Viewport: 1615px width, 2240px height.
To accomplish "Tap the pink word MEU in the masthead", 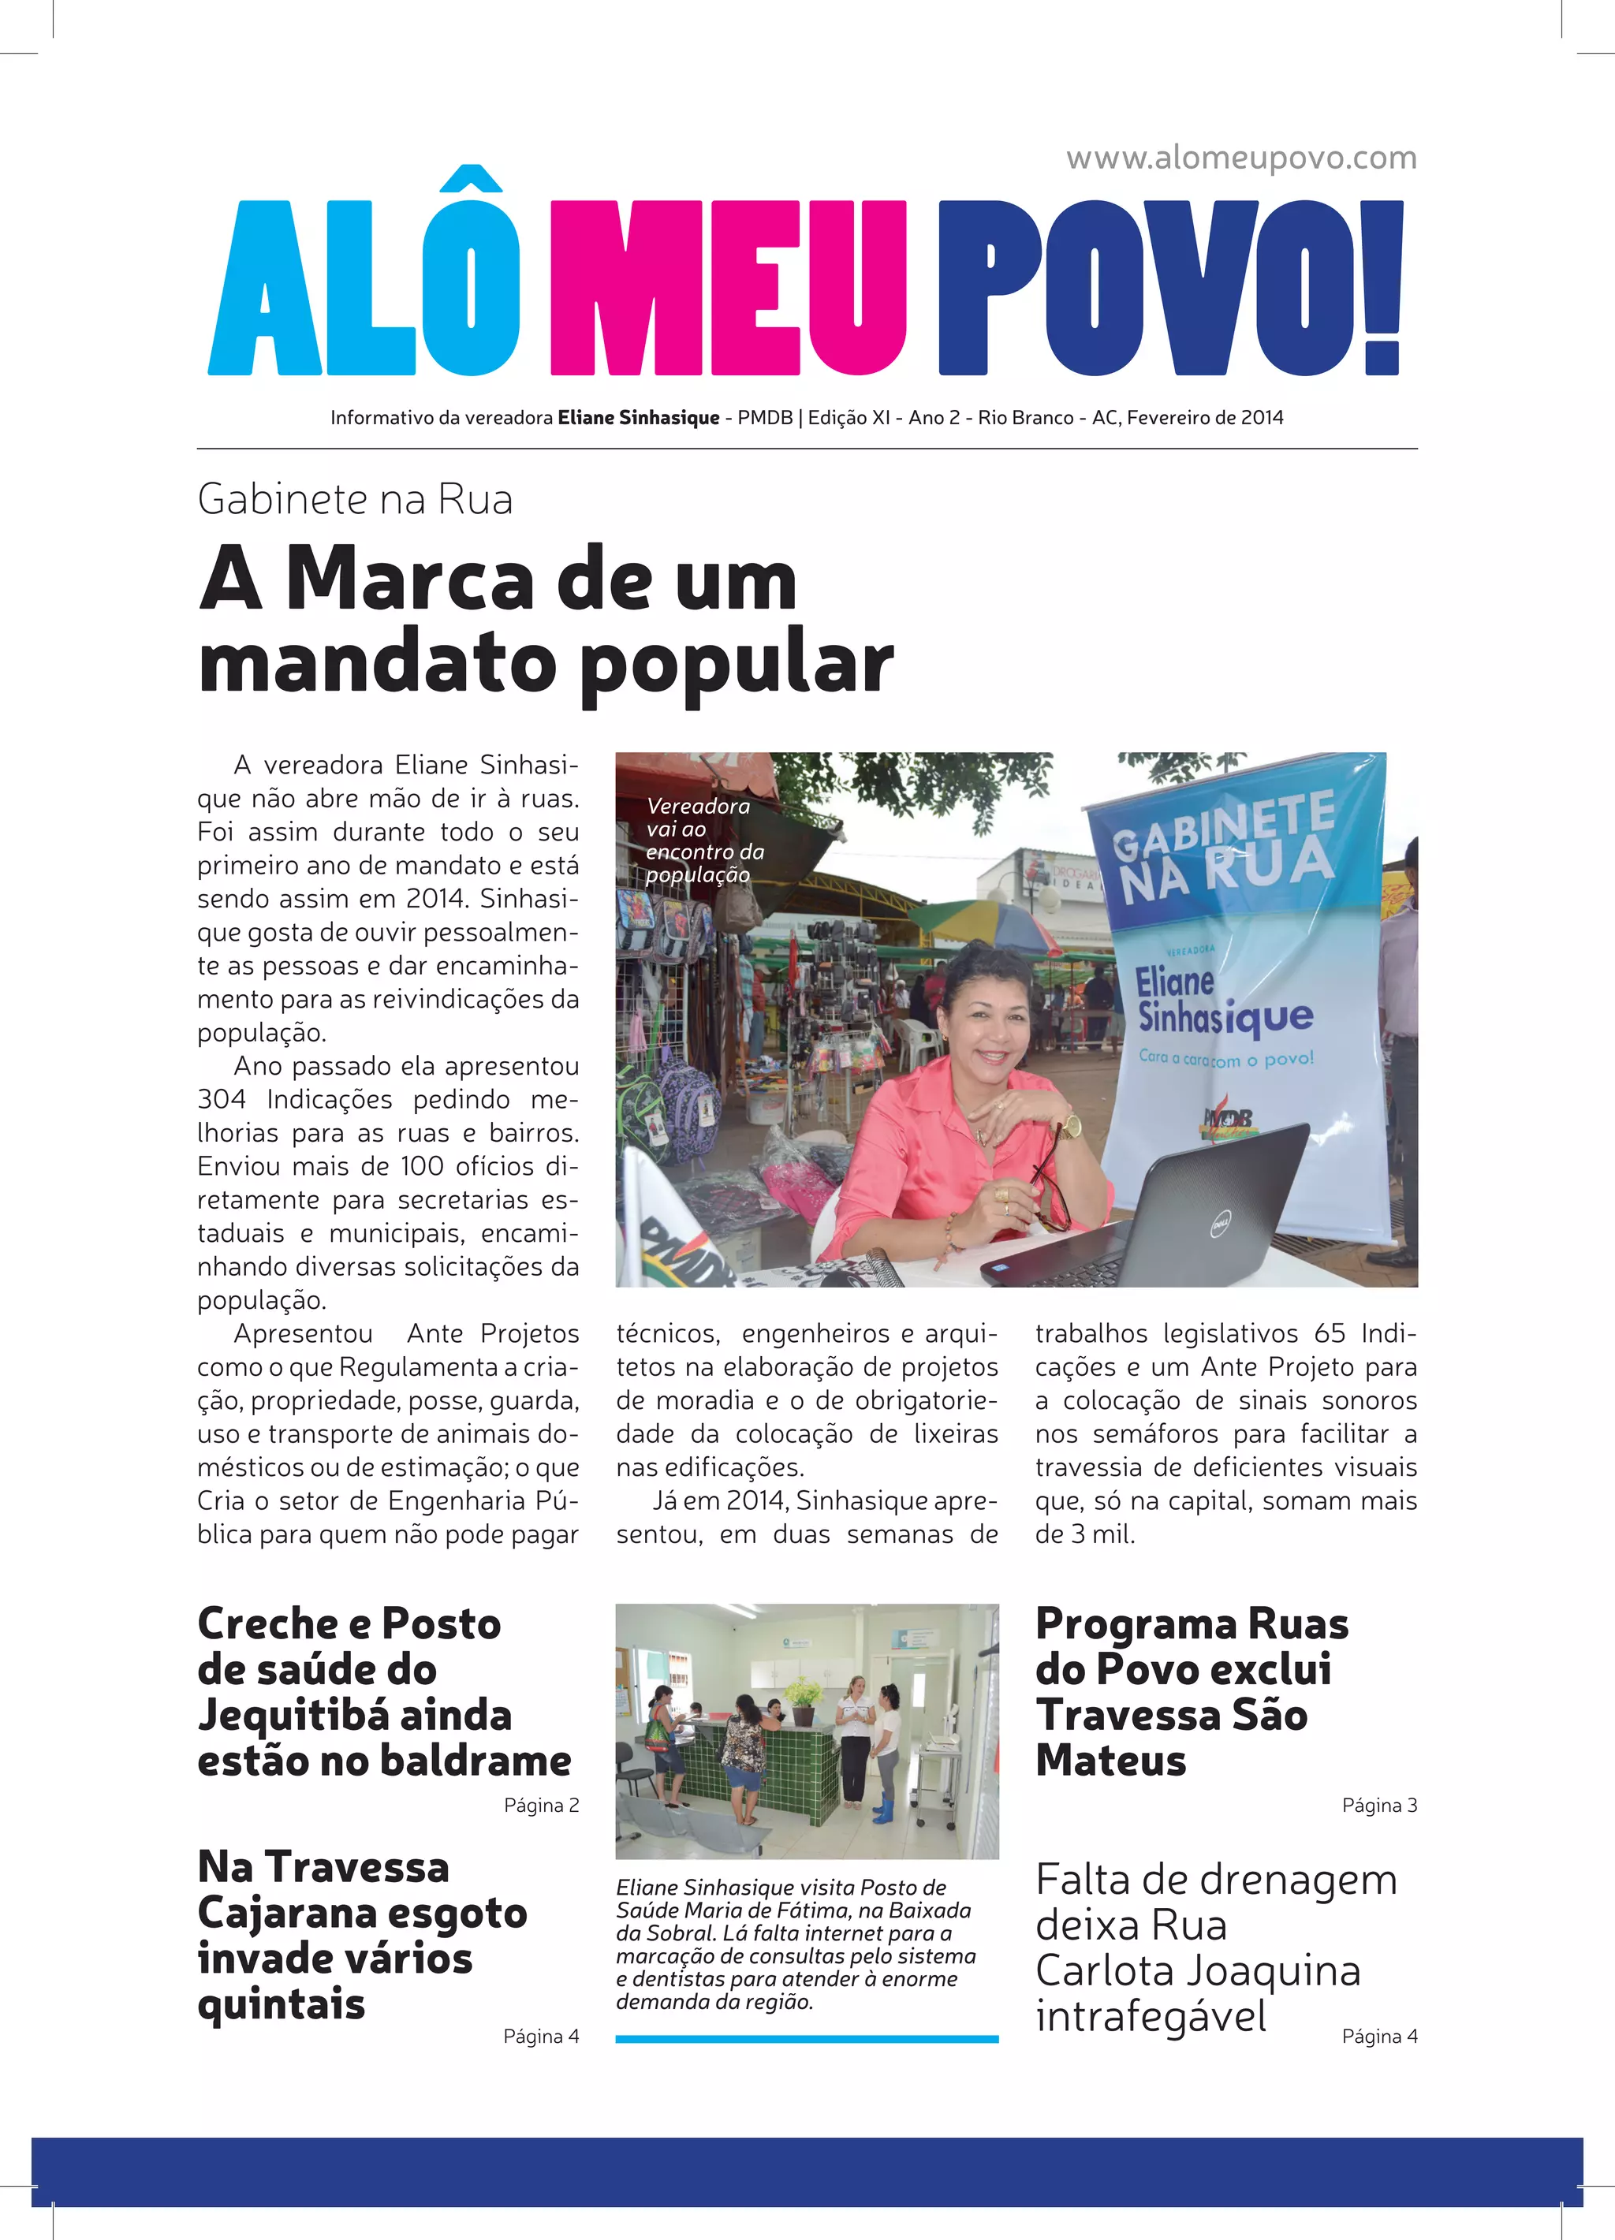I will [728, 289].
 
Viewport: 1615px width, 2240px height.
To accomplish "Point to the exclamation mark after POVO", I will [1383, 289].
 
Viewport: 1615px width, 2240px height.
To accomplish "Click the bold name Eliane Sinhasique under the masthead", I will [638, 418].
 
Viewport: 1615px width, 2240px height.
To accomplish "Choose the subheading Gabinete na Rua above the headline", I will [355, 500].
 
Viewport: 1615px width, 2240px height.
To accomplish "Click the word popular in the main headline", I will [736, 664].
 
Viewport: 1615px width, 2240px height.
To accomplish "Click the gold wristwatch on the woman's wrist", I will [1071, 1125].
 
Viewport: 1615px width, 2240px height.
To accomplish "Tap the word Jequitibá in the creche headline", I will [355, 1716].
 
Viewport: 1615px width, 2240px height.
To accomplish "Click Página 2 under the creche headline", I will [541, 1806].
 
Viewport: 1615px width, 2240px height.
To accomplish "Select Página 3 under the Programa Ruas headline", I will [1379, 1806].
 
